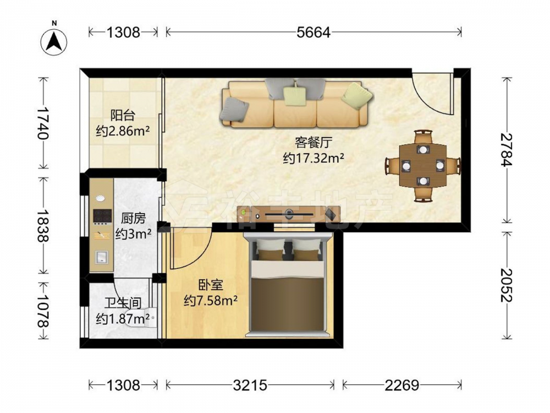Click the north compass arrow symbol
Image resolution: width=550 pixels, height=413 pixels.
[x=54, y=41]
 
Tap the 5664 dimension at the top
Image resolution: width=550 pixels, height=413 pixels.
[x=313, y=32]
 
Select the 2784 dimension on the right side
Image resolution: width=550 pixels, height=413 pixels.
[x=507, y=150]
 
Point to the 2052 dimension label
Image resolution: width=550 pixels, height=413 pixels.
[x=507, y=285]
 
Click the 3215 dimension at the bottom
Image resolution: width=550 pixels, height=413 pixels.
[x=250, y=385]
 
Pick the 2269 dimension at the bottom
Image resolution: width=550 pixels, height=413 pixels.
[x=402, y=385]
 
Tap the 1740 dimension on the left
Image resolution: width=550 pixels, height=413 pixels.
[x=43, y=123]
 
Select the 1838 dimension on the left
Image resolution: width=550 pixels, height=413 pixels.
[x=43, y=226]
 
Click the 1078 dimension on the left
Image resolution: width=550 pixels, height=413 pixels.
[x=43, y=311]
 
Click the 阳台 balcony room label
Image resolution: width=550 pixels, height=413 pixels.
[x=123, y=116]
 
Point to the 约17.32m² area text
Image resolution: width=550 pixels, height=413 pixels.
[x=313, y=159]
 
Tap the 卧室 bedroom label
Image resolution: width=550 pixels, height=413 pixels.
[x=211, y=285]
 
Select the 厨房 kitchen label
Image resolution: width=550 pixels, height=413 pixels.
[x=133, y=219]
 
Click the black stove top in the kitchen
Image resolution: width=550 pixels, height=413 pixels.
[x=102, y=216]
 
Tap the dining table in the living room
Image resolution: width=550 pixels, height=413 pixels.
[x=423, y=165]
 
